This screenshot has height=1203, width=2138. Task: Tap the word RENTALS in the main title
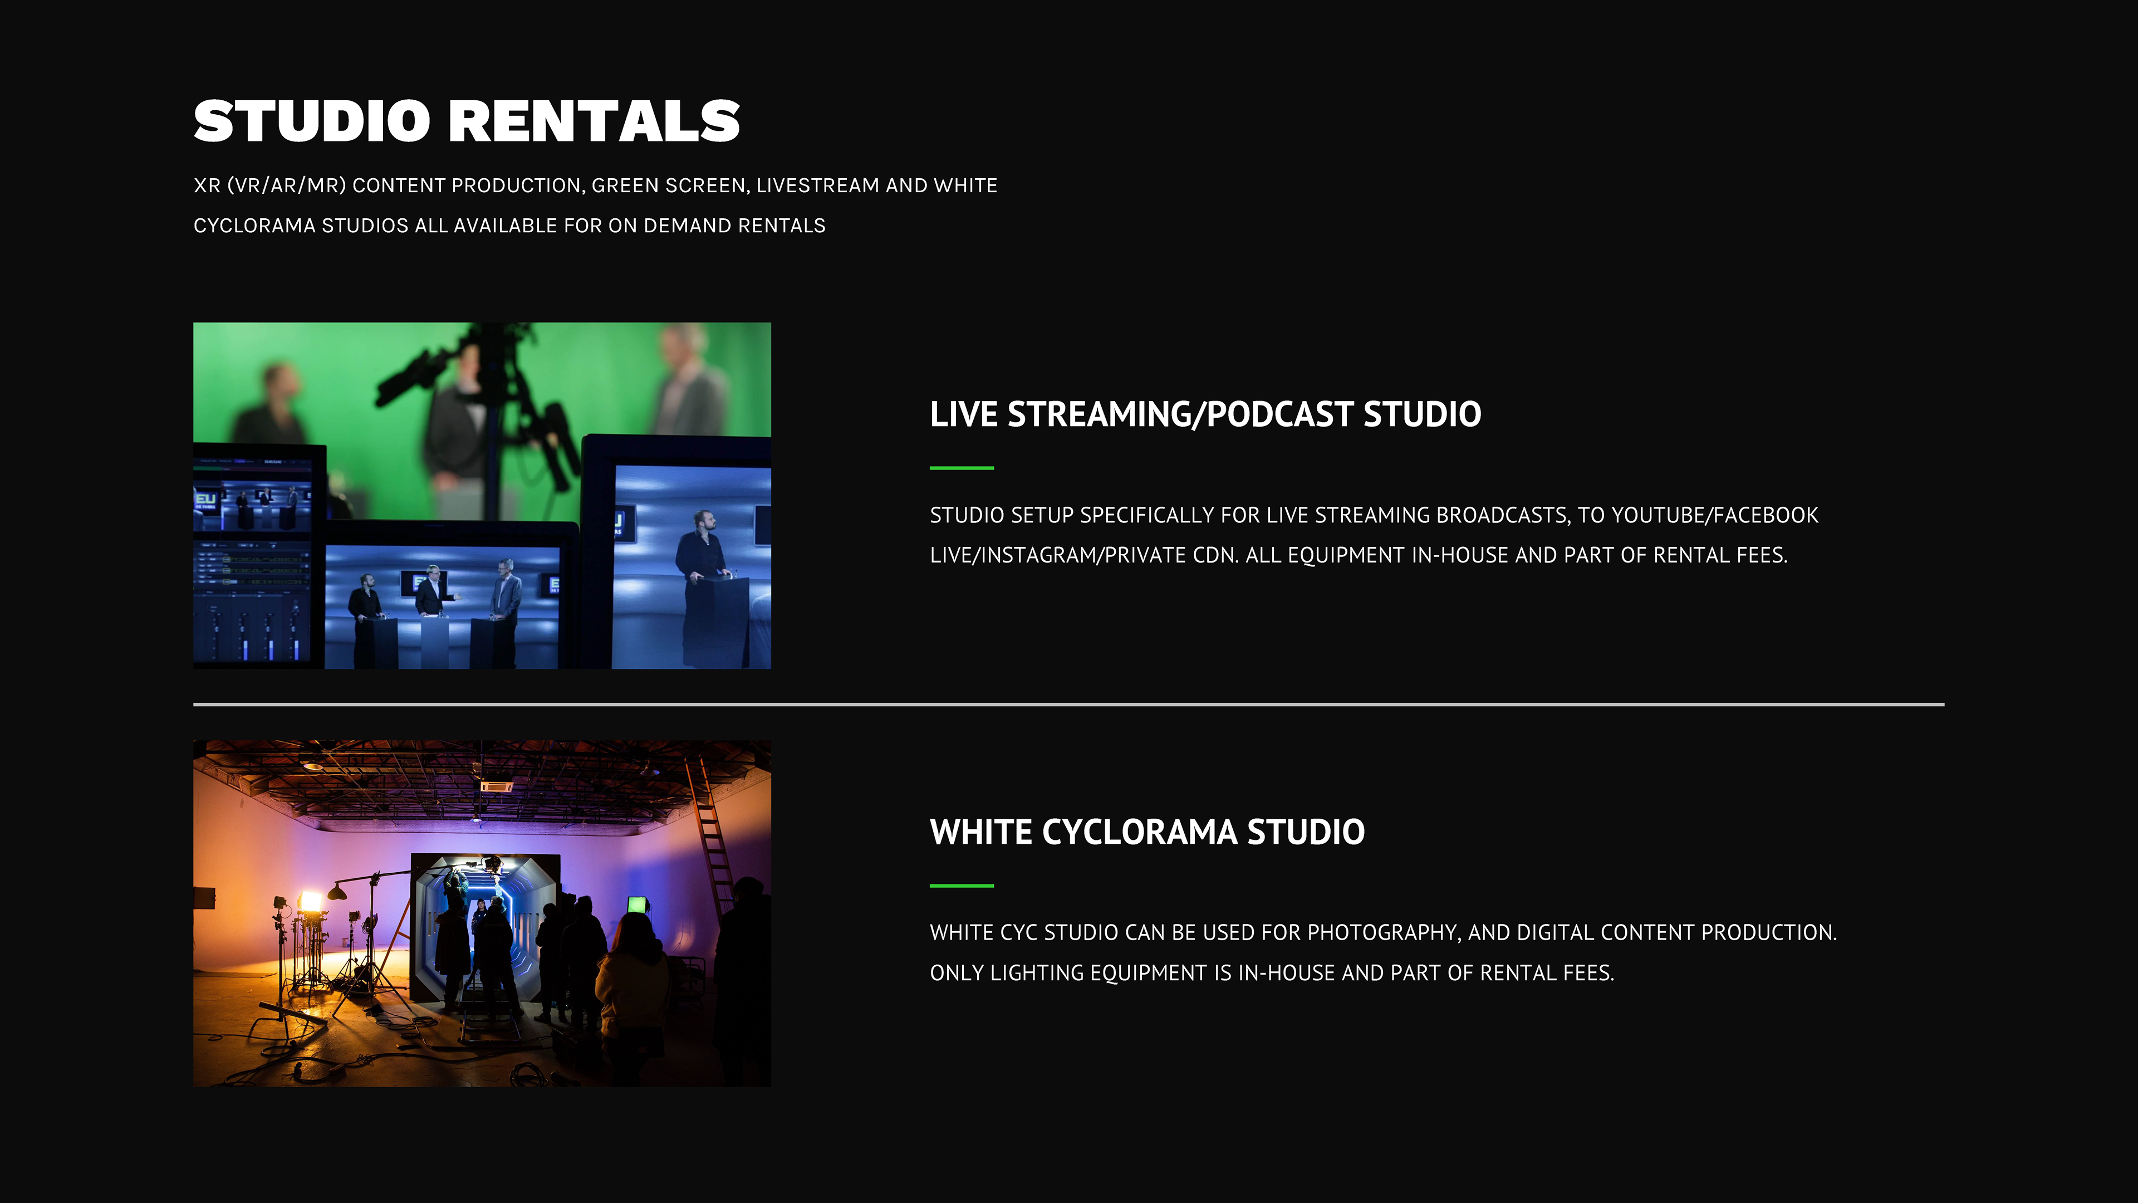pyautogui.click(x=594, y=121)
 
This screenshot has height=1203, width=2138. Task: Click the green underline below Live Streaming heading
pyautogui.click(x=961, y=468)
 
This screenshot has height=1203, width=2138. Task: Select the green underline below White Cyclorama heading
pyautogui.click(x=961, y=886)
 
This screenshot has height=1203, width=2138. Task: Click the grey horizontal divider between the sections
pyautogui.click(x=1069, y=704)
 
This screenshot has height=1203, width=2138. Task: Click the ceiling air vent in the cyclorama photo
pyautogui.click(x=496, y=785)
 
